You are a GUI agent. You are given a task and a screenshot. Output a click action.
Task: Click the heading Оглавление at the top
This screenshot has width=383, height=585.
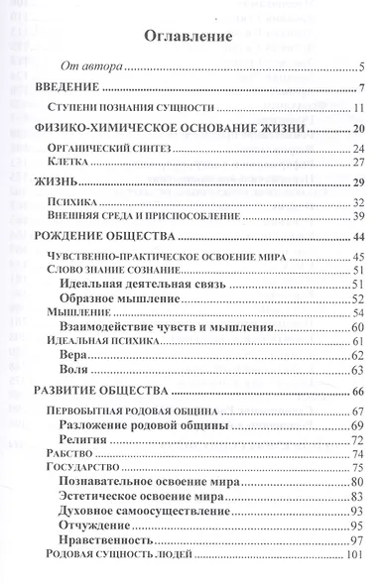189,37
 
